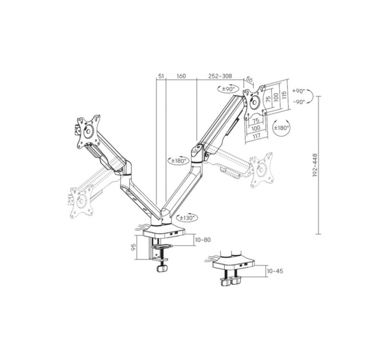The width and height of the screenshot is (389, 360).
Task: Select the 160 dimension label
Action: (x=181, y=75)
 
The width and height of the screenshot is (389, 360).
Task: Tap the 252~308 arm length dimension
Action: (x=220, y=75)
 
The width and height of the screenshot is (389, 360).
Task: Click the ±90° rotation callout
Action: (x=227, y=89)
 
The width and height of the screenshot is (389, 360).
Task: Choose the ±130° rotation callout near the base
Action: (x=186, y=217)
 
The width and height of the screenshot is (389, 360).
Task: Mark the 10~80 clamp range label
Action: (x=203, y=240)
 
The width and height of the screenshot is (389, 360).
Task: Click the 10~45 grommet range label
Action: (x=275, y=271)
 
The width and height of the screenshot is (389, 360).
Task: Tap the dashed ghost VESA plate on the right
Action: (x=261, y=170)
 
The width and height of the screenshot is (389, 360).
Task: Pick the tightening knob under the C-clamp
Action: (x=162, y=267)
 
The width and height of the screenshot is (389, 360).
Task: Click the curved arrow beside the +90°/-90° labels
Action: (x=312, y=97)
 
